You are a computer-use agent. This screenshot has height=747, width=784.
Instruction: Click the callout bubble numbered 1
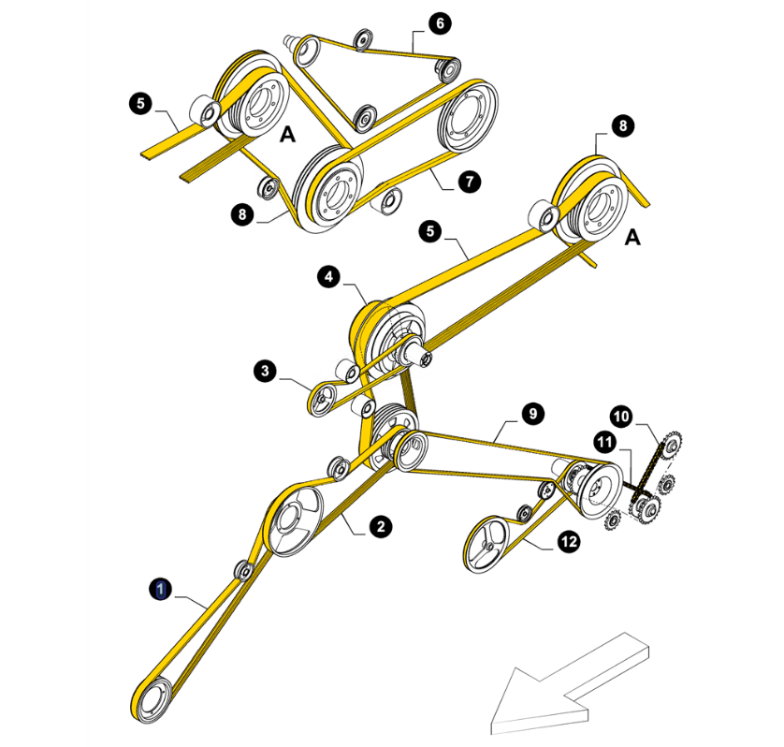(161, 589)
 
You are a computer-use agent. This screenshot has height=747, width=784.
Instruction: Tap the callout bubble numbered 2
(381, 526)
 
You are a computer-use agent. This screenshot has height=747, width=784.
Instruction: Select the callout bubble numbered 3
(265, 371)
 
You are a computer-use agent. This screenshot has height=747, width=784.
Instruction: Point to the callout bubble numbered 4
(328, 277)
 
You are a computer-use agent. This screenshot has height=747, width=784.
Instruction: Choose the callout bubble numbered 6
(440, 23)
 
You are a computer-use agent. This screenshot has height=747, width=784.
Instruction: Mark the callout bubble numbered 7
(469, 181)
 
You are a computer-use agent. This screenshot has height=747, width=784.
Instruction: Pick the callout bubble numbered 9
(533, 414)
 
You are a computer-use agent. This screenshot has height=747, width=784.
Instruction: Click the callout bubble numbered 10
(621, 417)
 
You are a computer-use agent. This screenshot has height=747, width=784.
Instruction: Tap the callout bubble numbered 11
(605, 442)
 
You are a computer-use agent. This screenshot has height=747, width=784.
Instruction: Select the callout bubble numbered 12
(570, 541)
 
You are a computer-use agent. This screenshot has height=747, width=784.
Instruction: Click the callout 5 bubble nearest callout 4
(430, 231)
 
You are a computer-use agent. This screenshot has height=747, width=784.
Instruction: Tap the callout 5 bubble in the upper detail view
(140, 103)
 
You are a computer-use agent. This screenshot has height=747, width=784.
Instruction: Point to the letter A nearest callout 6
(287, 134)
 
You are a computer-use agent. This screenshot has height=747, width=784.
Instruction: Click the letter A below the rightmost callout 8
(632, 237)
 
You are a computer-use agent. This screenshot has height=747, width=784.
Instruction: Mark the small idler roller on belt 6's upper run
(362, 39)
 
